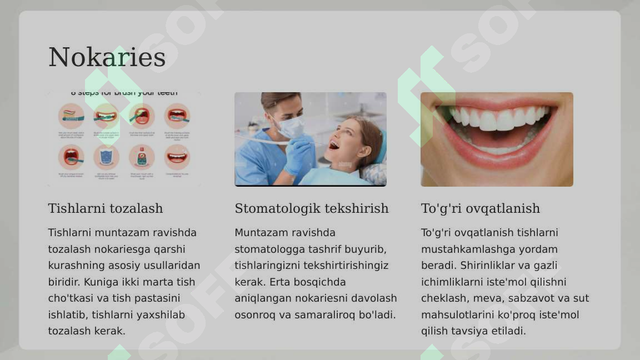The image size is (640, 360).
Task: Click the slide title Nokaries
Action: [107, 57]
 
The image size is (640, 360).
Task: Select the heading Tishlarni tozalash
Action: [106, 208]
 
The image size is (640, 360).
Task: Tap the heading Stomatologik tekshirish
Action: [311, 208]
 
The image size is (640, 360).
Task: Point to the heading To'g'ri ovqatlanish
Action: [480, 208]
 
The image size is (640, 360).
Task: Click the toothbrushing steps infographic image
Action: [124, 139]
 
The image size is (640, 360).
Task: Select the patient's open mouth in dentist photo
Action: [334, 145]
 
